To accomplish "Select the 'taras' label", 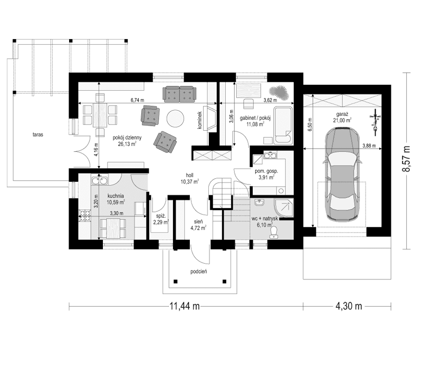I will (36, 135).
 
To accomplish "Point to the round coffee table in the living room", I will (175, 118).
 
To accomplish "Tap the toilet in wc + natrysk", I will (274, 231).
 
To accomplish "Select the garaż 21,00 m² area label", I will (342, 117).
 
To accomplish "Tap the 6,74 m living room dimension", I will (138, 99).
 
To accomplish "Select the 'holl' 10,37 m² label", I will (189, 178).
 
